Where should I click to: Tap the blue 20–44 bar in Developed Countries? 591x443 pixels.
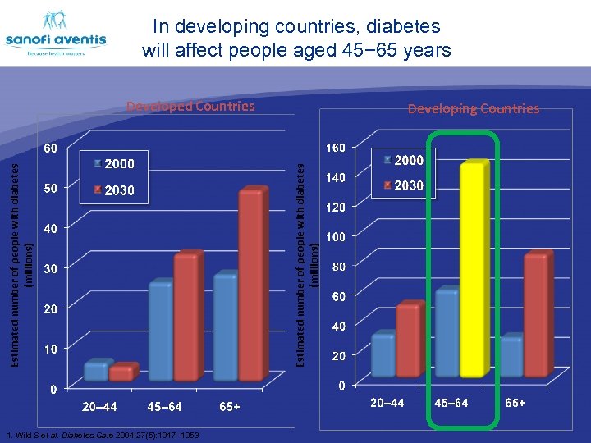(x=96, y=371)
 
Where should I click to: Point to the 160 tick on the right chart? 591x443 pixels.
(x=337, y=148)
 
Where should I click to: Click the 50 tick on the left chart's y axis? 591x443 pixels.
(x=51, y=189)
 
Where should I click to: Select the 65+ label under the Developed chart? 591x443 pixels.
(x=230, y=406)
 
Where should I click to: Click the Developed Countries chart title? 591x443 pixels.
(x=190, y=106)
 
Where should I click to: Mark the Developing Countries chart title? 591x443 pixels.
(x=474, y=108)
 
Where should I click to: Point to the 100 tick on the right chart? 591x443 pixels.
(x=337, y=237)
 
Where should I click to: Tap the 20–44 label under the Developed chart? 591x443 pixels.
(x=99, y=406)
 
